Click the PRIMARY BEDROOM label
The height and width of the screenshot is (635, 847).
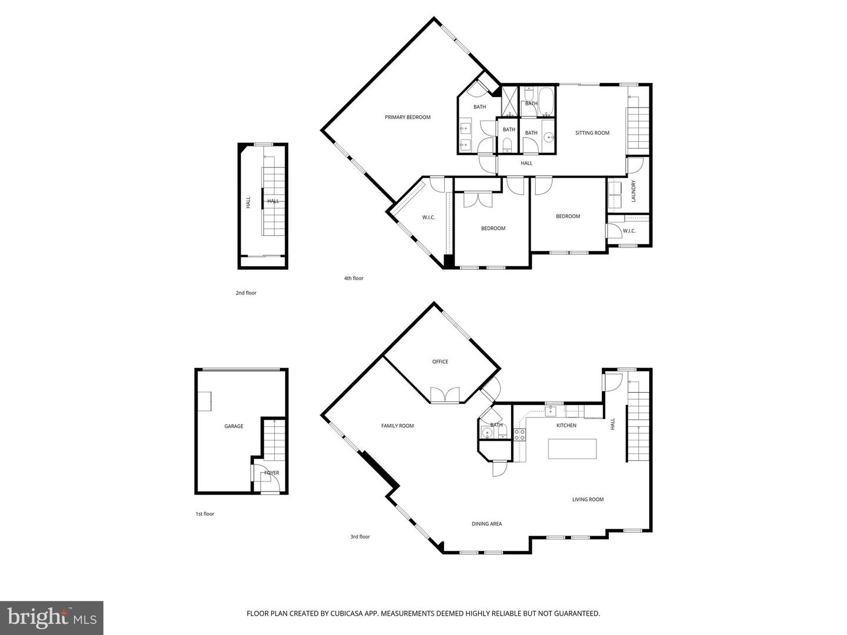(408, 118)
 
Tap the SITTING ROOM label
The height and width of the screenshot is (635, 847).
(592, 133)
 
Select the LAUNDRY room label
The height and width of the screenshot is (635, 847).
(633, 191)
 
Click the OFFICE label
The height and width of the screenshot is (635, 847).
(440, 362)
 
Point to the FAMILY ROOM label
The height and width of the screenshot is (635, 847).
(398, 426)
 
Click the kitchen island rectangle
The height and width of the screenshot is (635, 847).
(572, 449)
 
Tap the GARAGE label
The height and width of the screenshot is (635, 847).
(234, 426)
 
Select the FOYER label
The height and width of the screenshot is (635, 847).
(272, 473)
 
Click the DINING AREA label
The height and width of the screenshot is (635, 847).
(486, 524)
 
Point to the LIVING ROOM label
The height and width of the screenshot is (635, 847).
(588, 500)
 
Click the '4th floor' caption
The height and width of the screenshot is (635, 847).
(354, 279)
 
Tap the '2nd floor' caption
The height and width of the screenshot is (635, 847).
(246, 293)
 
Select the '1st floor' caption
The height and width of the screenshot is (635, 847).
(205, 514)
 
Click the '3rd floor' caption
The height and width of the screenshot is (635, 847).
(360, 537)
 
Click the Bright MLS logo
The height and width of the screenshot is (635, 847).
(52, 617)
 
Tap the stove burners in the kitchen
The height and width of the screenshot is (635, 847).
(520, 435)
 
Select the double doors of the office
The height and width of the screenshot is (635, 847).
(445, 395)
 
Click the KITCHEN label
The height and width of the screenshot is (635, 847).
(566, 425)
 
